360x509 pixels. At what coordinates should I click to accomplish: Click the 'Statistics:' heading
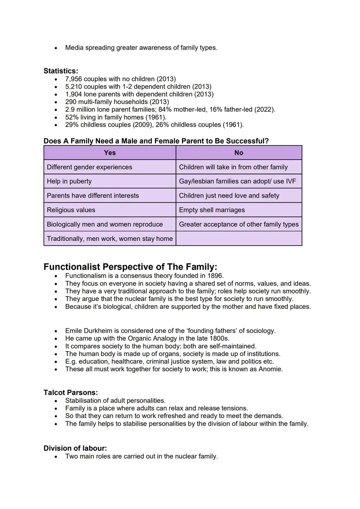(x=61, y=71)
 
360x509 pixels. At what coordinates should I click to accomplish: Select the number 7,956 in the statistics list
(x=74, y=79)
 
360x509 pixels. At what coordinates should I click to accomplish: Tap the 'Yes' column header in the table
(x=110, y=153)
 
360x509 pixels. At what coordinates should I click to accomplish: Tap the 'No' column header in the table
(x=239, y=153)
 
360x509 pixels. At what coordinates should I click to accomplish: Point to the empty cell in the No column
(x=239, y=239)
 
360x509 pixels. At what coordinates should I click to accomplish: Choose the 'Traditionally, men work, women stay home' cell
(x=110, y=239)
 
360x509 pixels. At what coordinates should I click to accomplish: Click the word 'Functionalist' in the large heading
(x=72, y=267)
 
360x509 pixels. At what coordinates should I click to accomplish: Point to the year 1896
(x=215, y=276)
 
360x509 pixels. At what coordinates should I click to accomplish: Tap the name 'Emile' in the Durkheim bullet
(x=74, y=331)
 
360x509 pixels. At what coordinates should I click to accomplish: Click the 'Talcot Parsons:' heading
(x=71, y=393)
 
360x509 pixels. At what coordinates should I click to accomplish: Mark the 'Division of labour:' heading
(x=75, y=448)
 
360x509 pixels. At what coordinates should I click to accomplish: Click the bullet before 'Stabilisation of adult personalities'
(x=56, y=401)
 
